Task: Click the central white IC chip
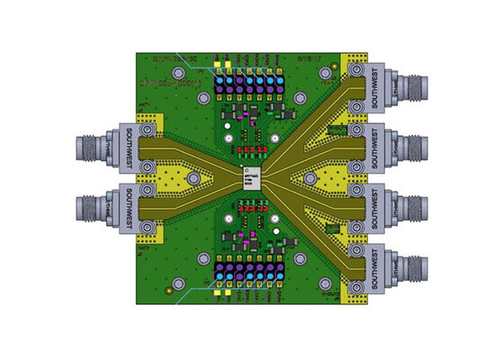(x=252, y=176)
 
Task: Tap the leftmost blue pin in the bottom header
(x=221, y=271)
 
